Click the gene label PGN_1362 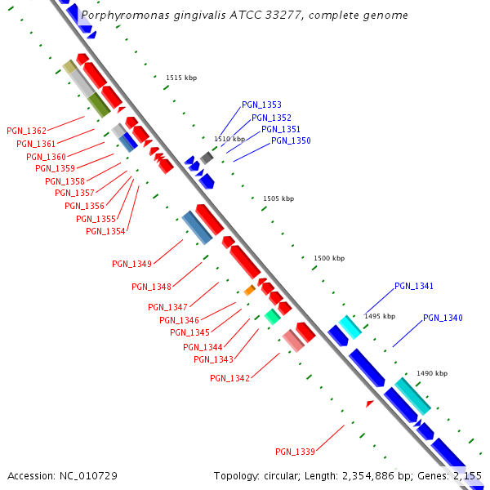26,131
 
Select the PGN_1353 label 261,105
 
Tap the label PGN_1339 295,452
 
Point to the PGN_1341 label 414,287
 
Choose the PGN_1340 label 443,318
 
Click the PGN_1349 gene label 131,264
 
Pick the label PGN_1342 229,378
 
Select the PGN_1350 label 291,141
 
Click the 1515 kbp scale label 181,78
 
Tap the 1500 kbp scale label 328,258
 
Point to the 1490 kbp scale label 432,373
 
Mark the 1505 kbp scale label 278,198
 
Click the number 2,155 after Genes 468,475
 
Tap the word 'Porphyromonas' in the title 121,16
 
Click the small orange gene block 250,290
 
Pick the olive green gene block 99,105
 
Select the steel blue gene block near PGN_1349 197,227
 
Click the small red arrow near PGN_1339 369,403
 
